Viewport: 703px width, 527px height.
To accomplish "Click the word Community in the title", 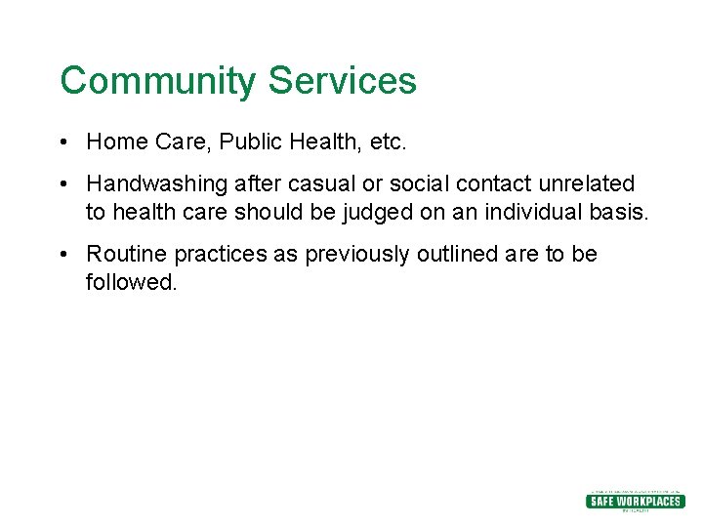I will pos(159,81).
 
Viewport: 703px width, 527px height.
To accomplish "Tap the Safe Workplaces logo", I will pos(635,501).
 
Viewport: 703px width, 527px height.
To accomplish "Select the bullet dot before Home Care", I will pos(62,142).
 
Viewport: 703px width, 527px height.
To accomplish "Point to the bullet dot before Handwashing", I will pos(62,184).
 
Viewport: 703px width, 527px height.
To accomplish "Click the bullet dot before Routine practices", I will pos(62,255).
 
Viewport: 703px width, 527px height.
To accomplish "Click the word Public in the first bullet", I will pos(249,142).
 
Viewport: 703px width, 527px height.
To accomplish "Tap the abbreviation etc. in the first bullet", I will pos(387,142).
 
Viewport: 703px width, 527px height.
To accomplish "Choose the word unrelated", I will pos(586,184).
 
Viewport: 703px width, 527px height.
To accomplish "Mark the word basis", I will pos(618,212).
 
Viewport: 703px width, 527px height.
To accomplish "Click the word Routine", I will pos(127,255).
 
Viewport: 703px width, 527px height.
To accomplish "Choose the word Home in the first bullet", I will pos(117,142).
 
